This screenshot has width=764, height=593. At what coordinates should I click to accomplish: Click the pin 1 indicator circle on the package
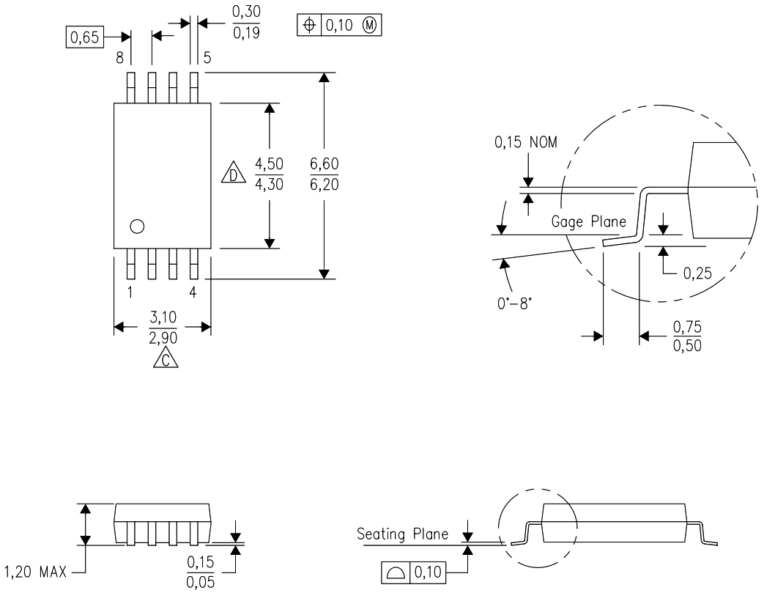tap(136, 226)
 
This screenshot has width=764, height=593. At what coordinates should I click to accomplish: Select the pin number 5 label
tap(207, 57)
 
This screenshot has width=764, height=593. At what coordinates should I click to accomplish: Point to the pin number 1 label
tap(130, 292)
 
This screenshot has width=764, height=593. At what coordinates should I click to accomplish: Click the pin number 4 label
tap(193, 292)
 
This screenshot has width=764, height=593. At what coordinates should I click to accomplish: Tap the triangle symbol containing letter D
tap(233, 175)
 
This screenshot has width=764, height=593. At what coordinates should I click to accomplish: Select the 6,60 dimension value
tap(324, 163)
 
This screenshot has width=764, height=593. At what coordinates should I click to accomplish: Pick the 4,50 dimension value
tap(269, 163)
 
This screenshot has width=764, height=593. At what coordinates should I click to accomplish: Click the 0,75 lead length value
tap(687, 328)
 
